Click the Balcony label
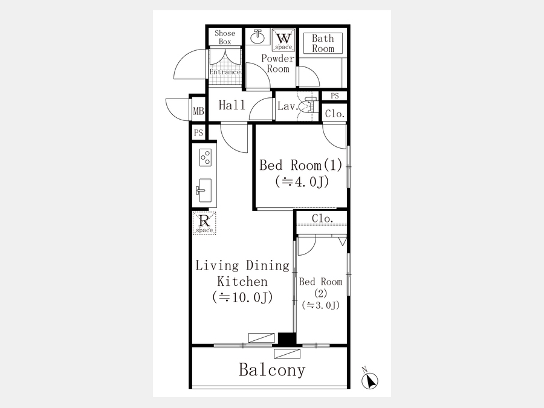click(x=272, y=370)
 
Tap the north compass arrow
click(x=369, y=380)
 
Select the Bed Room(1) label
click(x=301, y=165)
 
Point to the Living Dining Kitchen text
click(x=242, y=273)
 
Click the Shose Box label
click(x=225, y=37)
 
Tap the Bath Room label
click(x=323, y=44)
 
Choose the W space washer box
click(x=283, y=40)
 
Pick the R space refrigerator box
click(x=204, y=223)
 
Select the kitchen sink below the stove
click(x=204, y=190)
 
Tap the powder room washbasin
click(x=257, y=37)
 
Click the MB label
click(x=198, y=111)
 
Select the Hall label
click(x=232, y=105)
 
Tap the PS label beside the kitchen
click(x=198, y=132)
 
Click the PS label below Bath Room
click(x=334, y=96)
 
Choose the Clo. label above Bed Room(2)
click(x=322, y=219)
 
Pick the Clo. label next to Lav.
click(x=335, y=114)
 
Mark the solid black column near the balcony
click(x=287, y=339)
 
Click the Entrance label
click(x=225, y=72)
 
